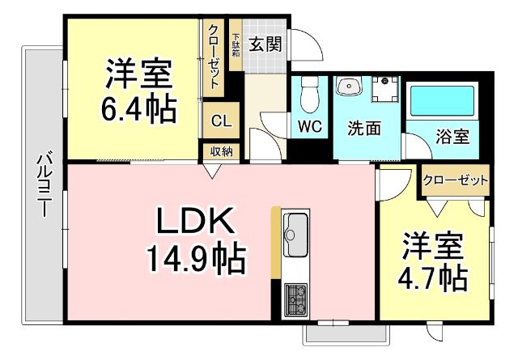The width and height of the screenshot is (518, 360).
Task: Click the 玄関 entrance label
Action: (x=265, y=44)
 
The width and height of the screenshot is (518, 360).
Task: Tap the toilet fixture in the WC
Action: (x=308, y=99)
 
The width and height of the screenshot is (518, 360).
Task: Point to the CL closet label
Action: (x=220, y=121)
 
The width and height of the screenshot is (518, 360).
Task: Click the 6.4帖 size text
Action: (x=138, y=108)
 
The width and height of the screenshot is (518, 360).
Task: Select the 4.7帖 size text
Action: (x=431, y=279)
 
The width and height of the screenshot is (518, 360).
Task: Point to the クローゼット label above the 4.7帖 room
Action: (x=456, y=180)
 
